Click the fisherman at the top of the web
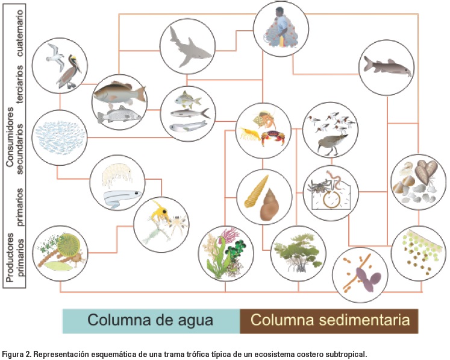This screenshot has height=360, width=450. pyautogui.click(x=280, y=27)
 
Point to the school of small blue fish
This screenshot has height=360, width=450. pyautogui.click(x=59, y=137)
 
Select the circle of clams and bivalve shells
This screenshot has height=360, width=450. pyautogui.click(x=418, y=181)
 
